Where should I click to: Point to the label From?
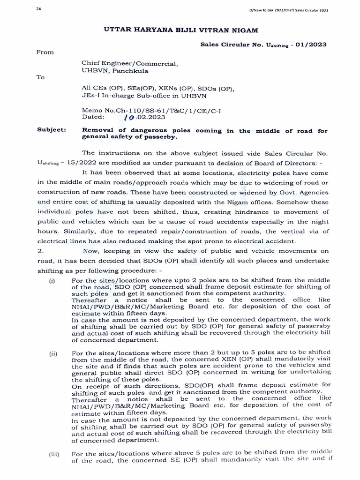(x=45, y=52)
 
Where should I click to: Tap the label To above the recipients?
(x=40, y=77)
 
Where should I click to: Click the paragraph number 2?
(x=39, y=251)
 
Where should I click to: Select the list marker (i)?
(x=52, y=280)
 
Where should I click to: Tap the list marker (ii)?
(x=52, y=353)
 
